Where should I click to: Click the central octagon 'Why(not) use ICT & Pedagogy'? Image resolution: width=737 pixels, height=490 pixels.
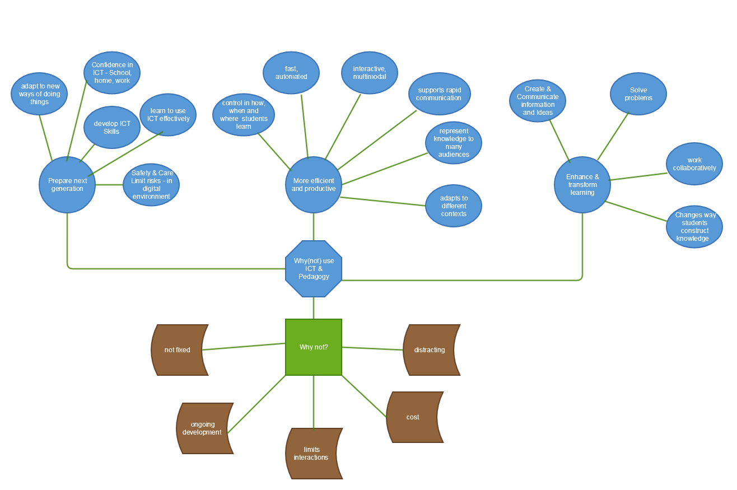click(314, 269)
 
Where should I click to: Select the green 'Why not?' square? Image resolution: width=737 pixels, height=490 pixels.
click(314, 347)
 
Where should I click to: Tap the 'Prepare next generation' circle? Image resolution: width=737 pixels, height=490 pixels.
click(67, 185)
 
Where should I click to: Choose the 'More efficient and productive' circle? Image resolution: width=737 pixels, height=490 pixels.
click(314, 185)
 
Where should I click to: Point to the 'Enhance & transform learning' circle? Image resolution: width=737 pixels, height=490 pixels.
click(582, 185)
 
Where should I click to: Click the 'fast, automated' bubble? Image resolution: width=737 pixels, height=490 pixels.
click(291, 73)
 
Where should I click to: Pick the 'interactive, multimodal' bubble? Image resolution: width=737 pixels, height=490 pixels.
click(370, 73)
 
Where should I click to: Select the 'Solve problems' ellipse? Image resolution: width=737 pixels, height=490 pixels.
click(638, 94)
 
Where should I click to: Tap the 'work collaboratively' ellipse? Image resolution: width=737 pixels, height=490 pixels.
click(694, 164)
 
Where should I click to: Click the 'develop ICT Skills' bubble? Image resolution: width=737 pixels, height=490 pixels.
click(112, 128)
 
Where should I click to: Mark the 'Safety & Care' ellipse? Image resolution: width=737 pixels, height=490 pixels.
click(151, 185)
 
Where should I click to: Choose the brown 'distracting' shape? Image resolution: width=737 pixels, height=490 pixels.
click(430, 350)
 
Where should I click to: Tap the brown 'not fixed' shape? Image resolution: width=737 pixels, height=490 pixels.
click(178, 350)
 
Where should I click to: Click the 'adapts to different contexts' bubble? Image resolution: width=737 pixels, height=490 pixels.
click(454, 206)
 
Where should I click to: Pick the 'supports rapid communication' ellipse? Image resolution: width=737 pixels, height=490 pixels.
click(440, 94)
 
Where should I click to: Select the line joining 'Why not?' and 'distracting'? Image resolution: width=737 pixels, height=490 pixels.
click(372, 349)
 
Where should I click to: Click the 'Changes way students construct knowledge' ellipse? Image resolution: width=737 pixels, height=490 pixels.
click(694, 227)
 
